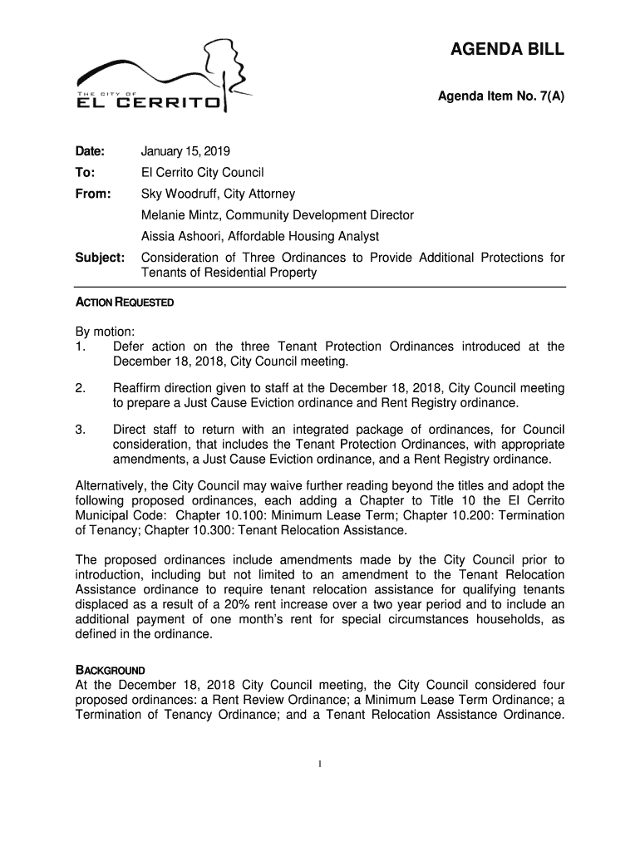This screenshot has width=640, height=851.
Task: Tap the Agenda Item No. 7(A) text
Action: click(x=501, y=97)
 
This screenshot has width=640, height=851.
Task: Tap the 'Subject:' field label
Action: click(x=101, y=258)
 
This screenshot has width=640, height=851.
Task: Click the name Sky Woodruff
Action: click(x=179, y=194)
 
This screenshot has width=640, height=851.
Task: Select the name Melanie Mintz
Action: click(x=180, y=216)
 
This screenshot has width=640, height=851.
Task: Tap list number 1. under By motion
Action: click(x=81, y=347)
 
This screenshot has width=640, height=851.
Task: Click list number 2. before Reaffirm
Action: click(x=81, y=388)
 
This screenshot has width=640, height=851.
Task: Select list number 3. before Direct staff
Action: click(x=81, y=430)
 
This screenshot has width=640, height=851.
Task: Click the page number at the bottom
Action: click(x=321, y=765)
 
